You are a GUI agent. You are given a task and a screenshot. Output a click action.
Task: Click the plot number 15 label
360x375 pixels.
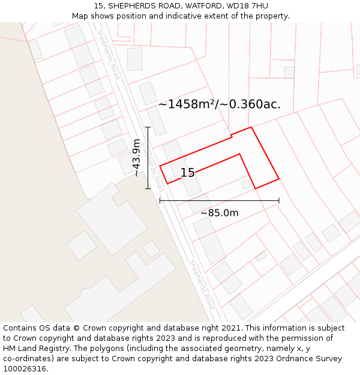click(187, 173)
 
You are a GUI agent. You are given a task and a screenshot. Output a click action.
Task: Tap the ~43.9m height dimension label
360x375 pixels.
click(137, 157)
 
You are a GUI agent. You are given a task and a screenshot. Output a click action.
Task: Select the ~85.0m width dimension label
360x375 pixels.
click(219, 213)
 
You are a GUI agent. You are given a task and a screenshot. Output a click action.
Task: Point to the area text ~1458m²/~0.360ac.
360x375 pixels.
click(219, 104)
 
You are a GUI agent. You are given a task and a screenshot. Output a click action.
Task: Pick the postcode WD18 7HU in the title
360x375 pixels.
click(247, 6)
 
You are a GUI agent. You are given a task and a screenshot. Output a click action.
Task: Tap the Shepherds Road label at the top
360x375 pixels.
click(109, 55)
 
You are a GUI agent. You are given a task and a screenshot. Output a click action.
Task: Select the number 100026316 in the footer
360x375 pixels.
click(24, 368)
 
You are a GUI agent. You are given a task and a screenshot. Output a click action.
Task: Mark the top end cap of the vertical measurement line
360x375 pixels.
click(148, 127)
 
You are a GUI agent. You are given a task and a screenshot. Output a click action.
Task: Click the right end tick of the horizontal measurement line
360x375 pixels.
click(279, 200)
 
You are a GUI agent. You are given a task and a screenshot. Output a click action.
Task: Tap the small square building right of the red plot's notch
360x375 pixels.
click(246, 184)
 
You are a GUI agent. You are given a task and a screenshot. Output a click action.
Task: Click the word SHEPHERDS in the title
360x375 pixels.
click(126, 6)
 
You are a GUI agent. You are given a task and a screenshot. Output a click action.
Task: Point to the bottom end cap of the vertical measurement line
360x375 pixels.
click(148, 188)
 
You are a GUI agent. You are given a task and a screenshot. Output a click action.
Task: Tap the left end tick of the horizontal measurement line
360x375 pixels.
click(160, 200)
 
